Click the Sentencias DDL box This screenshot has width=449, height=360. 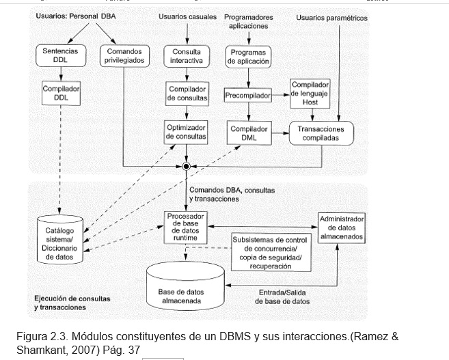(x=60, y=55)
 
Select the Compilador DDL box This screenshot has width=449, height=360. (x=60, y=94)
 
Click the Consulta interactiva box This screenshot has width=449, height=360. (x=187, y=56)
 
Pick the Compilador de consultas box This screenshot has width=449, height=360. (x=187, y=94)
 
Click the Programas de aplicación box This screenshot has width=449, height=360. (x=248, y=57)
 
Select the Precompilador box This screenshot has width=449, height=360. (x=248, y=95)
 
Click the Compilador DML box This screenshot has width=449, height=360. (x=248, y=133)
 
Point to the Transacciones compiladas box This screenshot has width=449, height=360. (x=321, y=133)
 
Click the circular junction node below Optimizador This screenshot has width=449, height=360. (x=186, y=166)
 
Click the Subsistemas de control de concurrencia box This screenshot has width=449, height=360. (x=271, y=253)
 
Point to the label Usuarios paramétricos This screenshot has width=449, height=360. (x=331, y=18)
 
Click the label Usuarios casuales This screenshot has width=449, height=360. (x=187, y=16)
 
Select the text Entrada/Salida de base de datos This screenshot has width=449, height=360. (x=282, y=296)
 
